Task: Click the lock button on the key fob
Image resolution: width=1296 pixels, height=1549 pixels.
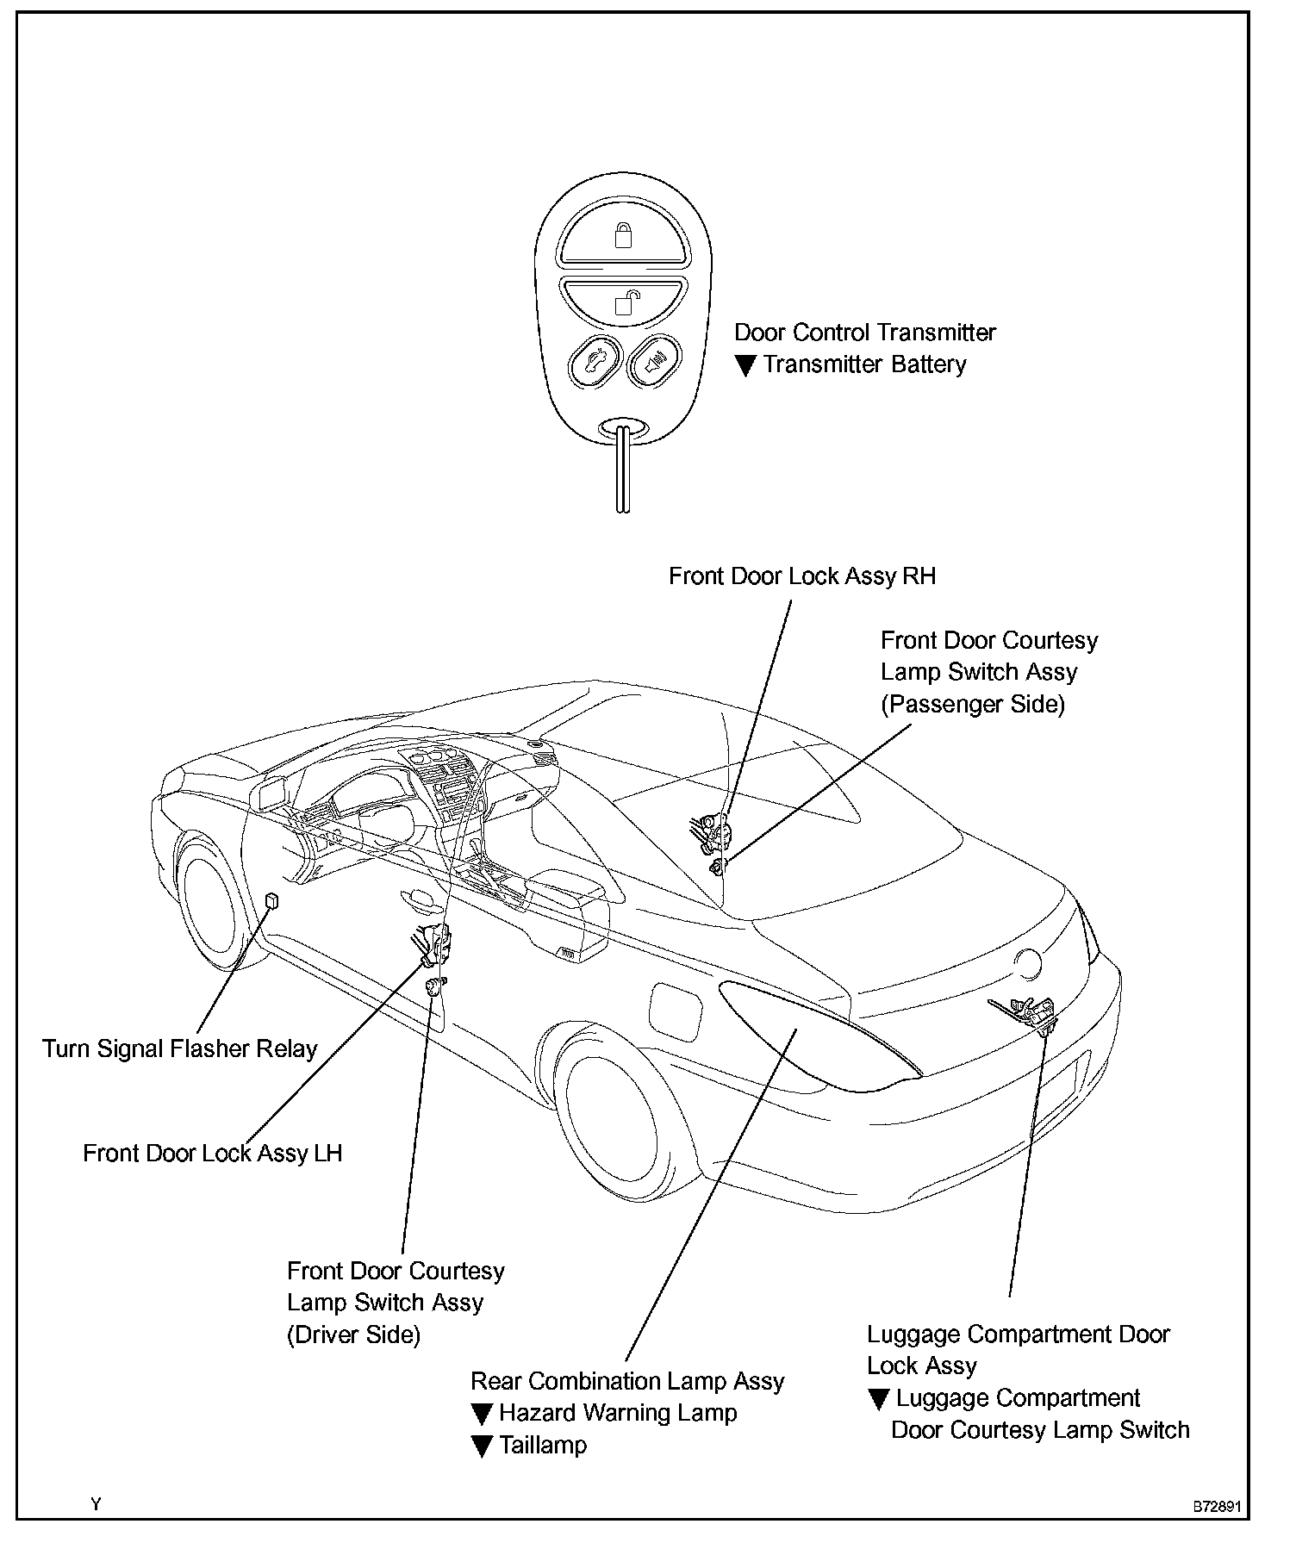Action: (623, 237)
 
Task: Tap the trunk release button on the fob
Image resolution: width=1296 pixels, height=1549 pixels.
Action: (594, 363)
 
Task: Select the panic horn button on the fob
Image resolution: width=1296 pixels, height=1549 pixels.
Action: (652, 363)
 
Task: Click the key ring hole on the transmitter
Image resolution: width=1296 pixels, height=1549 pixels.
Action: (623, 428)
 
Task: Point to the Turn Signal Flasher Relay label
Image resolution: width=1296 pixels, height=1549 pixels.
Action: (180, 1049)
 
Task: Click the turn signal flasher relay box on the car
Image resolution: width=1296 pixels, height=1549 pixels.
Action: (272, 900)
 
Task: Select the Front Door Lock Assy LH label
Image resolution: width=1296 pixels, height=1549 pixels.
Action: (212, 1154)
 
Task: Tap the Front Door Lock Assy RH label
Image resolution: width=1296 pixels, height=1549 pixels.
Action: (801, 576)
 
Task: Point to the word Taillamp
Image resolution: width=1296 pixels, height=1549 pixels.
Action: (543, 1445)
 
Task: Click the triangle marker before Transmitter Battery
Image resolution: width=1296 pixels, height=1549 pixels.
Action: (746, 366)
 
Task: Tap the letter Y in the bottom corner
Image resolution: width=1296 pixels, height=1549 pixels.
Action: (96, 1504)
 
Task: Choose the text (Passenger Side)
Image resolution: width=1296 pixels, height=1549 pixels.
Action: (972, 705)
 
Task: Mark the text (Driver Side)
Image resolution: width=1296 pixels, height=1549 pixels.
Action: (353, 1335)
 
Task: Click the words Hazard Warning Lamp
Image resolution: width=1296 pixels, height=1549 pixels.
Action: (618, 1413)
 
